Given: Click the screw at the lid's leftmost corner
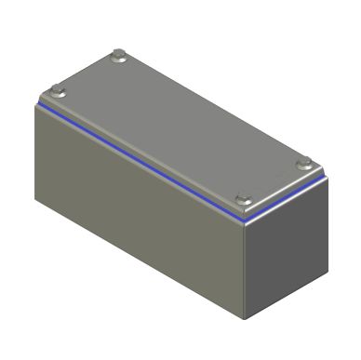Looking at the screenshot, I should pyautogui.click(x=57, y=91).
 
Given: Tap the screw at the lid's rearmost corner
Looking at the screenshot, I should pyautogui.click(x=118, y=57).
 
